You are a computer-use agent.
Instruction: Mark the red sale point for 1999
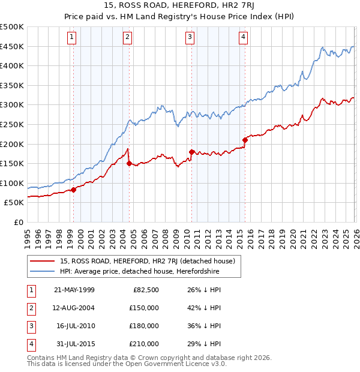(x=74, y=190)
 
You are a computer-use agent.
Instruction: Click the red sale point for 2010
(x=191, y=152)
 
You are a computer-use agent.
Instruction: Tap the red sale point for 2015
(x=245, y=140)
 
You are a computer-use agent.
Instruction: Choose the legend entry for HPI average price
(x=140, y=271)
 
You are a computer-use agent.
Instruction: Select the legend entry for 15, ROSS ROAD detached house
(x=151, y=261)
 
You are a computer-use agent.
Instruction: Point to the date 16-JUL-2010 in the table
(x=75, y=326)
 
